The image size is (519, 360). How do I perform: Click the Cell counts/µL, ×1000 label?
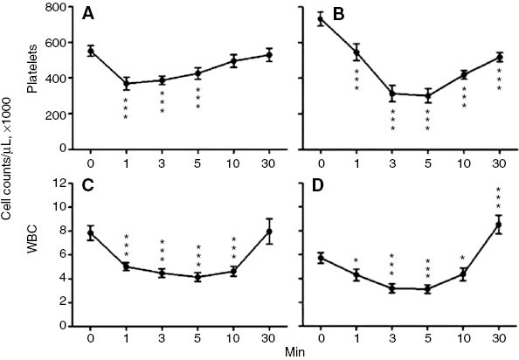point(10,175)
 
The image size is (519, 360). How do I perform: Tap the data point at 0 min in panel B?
point(321,18)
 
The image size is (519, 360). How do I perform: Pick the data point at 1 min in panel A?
point(127,84)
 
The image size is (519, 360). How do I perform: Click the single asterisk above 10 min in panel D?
point(462,258)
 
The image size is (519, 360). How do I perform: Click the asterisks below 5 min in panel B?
point(427,120)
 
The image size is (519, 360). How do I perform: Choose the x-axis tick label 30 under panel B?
point(498,162)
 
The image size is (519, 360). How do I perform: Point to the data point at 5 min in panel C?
point(197,277)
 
